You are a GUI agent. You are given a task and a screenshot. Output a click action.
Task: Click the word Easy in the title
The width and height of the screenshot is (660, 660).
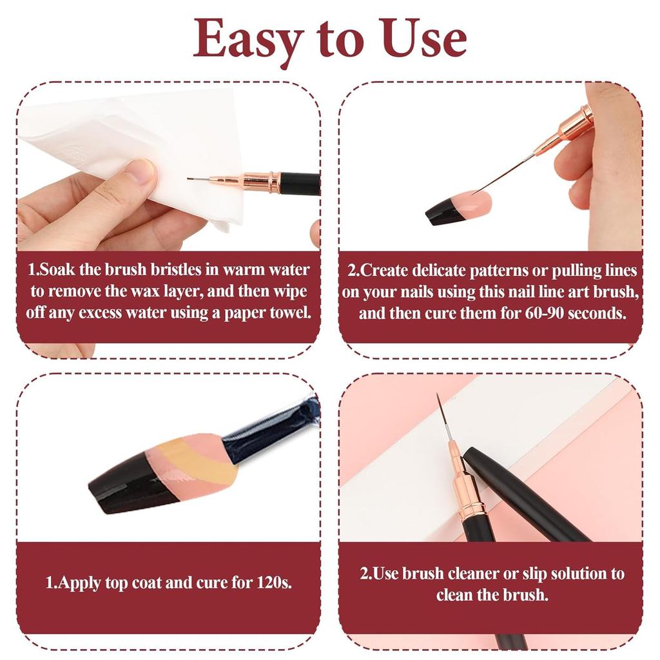tap(247, 40)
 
